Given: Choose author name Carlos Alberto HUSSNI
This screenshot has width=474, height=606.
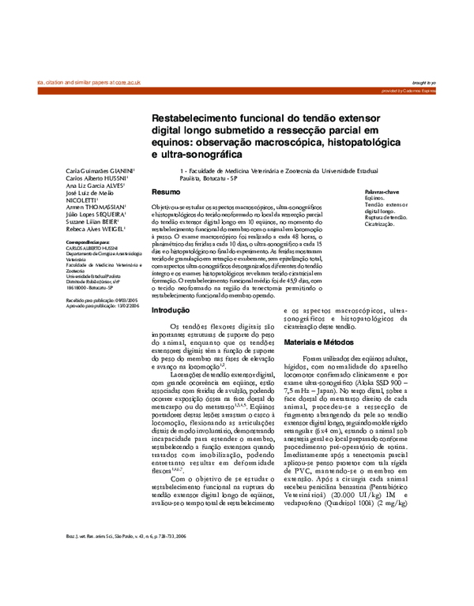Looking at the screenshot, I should click(100, 178).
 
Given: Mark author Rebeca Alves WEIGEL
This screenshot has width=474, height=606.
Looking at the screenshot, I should click(96, 229).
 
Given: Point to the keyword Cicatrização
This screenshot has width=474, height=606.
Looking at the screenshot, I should click(380, 224).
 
